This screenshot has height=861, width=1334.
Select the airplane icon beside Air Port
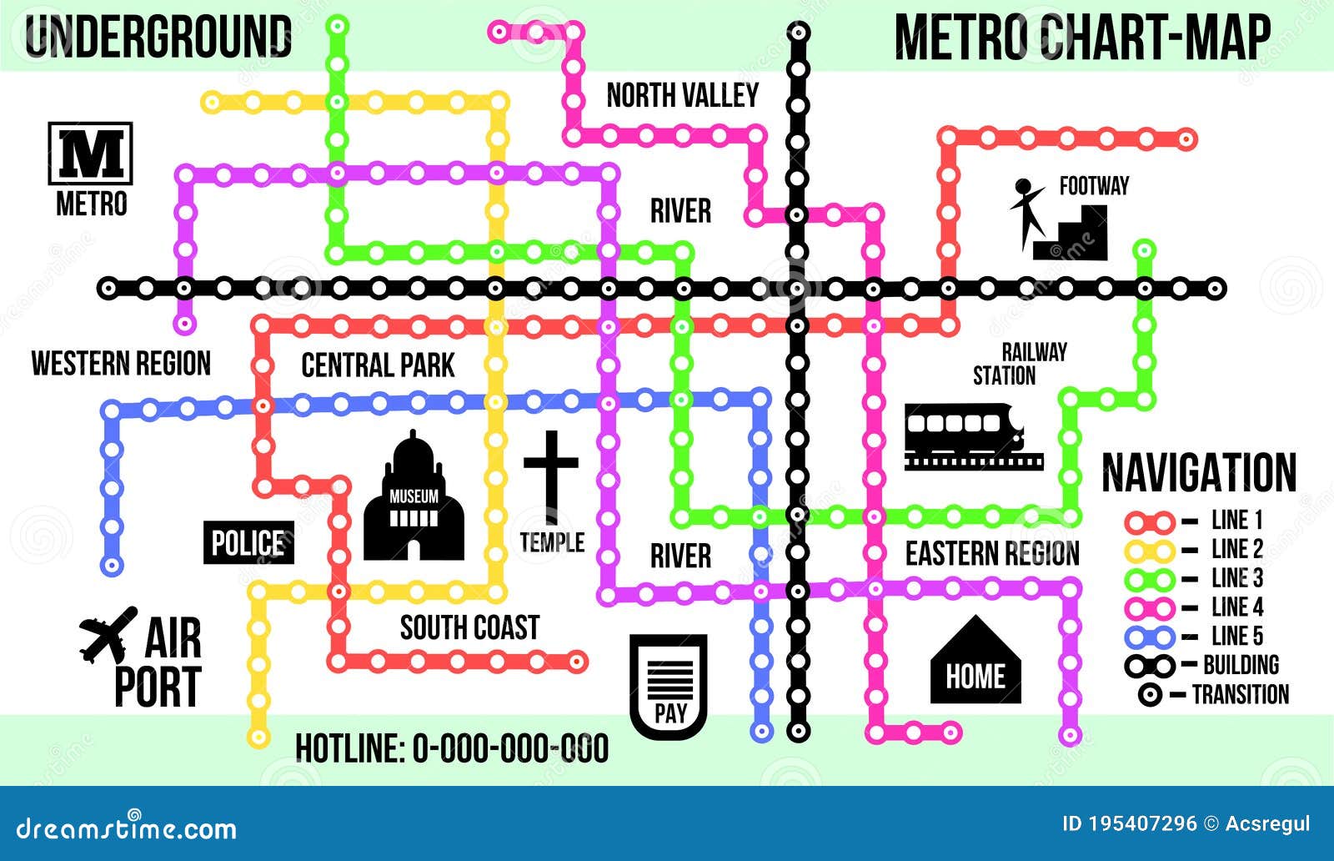point(108,634)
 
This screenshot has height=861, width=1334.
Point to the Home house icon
point(975,661)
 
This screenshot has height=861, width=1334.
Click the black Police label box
point(248,543)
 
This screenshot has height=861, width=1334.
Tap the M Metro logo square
point(90,154)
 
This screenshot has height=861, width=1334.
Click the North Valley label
point(682,96)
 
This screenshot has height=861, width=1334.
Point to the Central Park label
point(378,365)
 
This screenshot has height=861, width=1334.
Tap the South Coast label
point(469,627)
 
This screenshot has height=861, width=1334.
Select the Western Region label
point(121,364)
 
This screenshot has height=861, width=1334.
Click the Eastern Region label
point(992,553)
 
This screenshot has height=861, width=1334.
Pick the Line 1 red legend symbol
point(1150,522)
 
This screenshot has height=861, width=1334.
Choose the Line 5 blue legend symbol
point(1150,637)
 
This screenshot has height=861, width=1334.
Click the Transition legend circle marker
point(1151,695)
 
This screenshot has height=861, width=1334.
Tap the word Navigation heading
point(1199,473)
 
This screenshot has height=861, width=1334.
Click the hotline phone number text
point(510,748)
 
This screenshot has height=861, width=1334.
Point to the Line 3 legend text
point(1237,578)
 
